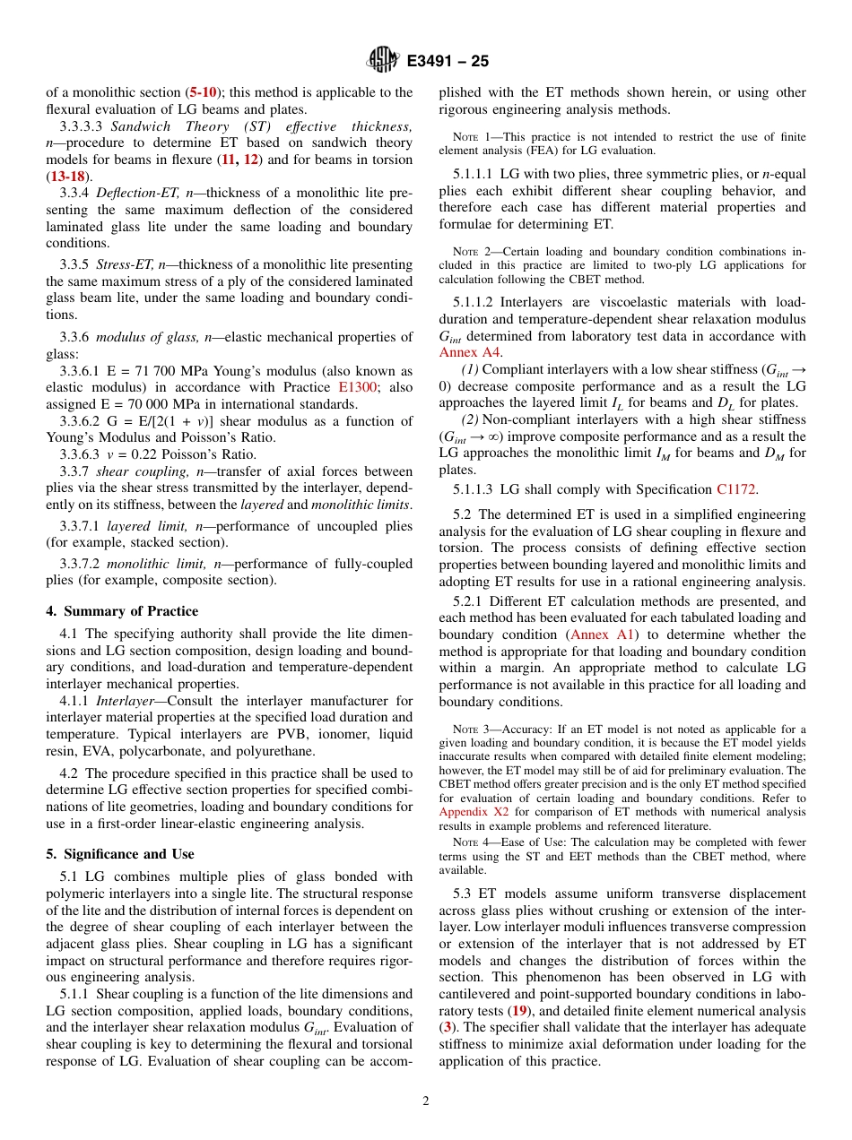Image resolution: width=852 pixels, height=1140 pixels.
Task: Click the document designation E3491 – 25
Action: point(448,62)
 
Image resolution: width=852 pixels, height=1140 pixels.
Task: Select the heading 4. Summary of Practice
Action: point(122,611)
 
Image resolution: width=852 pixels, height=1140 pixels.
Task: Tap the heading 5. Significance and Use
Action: point(120,854)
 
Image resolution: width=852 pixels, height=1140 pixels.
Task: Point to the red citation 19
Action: point(518,1011)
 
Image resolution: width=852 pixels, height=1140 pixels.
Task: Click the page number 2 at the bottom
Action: point(426,1101)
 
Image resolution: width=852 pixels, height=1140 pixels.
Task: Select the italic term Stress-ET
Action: point(124,264)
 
